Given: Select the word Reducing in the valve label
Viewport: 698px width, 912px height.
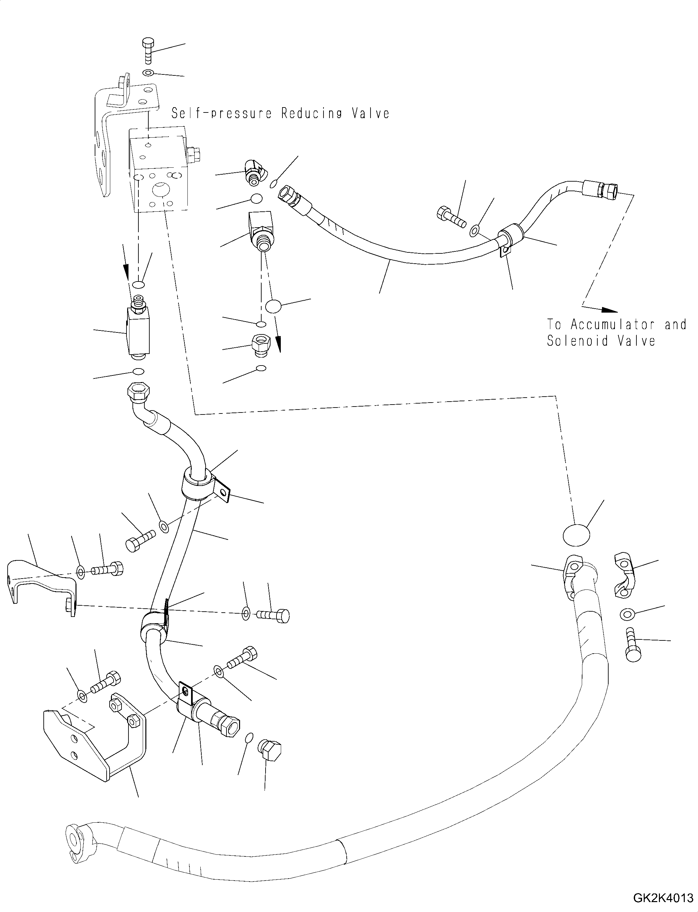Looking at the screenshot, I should [x=312, y=113].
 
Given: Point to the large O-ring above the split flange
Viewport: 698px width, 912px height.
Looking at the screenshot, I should [x=576, y=536].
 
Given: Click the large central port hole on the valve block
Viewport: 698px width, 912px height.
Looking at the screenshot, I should [x=162, y=191].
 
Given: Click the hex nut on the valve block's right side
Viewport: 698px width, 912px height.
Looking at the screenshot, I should [x=194, y=155].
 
